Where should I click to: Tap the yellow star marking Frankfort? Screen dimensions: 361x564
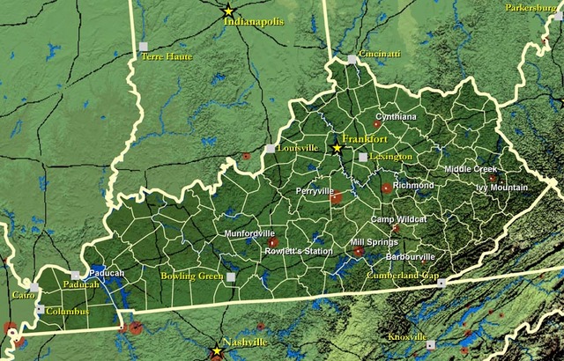(x=336, y=148)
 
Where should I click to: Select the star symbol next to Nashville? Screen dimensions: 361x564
(x=217, y=350)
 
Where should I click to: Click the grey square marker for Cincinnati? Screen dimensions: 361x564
(x=352, y=60)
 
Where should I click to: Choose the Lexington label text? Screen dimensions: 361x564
(x=390, y=157)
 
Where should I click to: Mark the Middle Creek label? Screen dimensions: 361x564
(x=471, y=169)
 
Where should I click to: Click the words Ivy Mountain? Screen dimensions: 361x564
(x=501, y=188)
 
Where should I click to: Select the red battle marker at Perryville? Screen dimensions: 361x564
(x=336, y=198)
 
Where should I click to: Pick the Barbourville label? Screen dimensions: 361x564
(x=412, y=257)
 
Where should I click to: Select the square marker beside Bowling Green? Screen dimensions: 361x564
(x=231, y=277)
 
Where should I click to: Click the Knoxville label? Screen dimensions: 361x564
(x=407, y=337)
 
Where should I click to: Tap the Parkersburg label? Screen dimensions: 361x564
(x=532, y=8)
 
